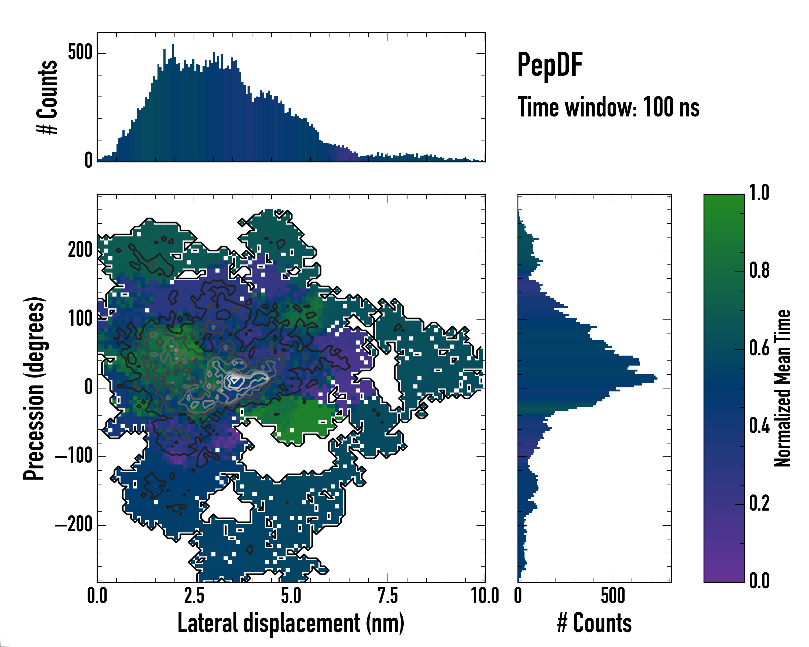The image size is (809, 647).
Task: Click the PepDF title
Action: [x=550, y=65]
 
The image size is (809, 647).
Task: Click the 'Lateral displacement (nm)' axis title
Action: [x=291, y=623]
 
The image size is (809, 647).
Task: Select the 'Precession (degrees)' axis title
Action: [x=34, y=388]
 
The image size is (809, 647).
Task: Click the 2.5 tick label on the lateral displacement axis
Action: [x=194, y=596]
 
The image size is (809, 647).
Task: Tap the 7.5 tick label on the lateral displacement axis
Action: [x=388, y=596]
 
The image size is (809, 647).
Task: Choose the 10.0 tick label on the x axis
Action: [x=485, y=596]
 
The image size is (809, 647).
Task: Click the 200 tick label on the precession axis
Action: [x=80, y=250]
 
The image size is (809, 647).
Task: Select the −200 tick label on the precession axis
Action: [x=74, y=525]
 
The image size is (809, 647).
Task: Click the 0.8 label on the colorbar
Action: [x=759, y=270]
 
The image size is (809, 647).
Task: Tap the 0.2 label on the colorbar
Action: [x=759, y=503]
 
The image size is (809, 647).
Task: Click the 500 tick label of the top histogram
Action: [x=80, y=53]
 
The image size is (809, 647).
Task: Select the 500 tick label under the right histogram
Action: [x=613, y=596]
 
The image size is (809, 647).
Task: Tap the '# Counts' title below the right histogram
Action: [x=594, y=623]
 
